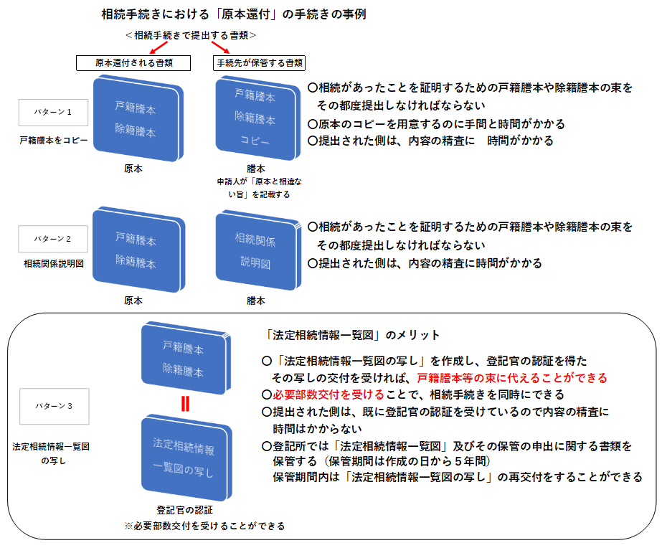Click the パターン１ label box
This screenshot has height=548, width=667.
pos(53,113)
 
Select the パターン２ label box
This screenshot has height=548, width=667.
pos(53,239)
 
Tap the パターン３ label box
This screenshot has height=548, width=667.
pos(55,406)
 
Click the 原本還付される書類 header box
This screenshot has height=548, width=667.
pos(133,63)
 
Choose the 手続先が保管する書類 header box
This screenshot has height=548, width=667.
pos(259,63)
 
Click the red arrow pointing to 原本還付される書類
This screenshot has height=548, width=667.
pos(159,47)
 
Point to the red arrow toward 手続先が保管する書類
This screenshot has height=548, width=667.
pos(220,47)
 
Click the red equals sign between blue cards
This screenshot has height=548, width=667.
pos(185,404)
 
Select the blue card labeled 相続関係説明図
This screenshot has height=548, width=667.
pos(258,251)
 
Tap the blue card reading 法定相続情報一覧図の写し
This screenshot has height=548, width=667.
pos(186,458)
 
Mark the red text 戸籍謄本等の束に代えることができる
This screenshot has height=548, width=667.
pos(512,378)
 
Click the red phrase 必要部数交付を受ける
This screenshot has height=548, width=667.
pos(328,395)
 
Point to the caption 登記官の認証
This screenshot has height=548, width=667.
pos(184,510)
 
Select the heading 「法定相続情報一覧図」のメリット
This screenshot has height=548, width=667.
pos(351,335)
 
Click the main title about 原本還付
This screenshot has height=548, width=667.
pos(234,14)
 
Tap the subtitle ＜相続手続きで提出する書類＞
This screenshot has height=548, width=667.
pos(191,35)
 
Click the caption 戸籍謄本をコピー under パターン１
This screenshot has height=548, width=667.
pos(54,140)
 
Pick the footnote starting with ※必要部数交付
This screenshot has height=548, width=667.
pos(204,526)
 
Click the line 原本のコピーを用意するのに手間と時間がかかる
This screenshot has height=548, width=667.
pos(437,124)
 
